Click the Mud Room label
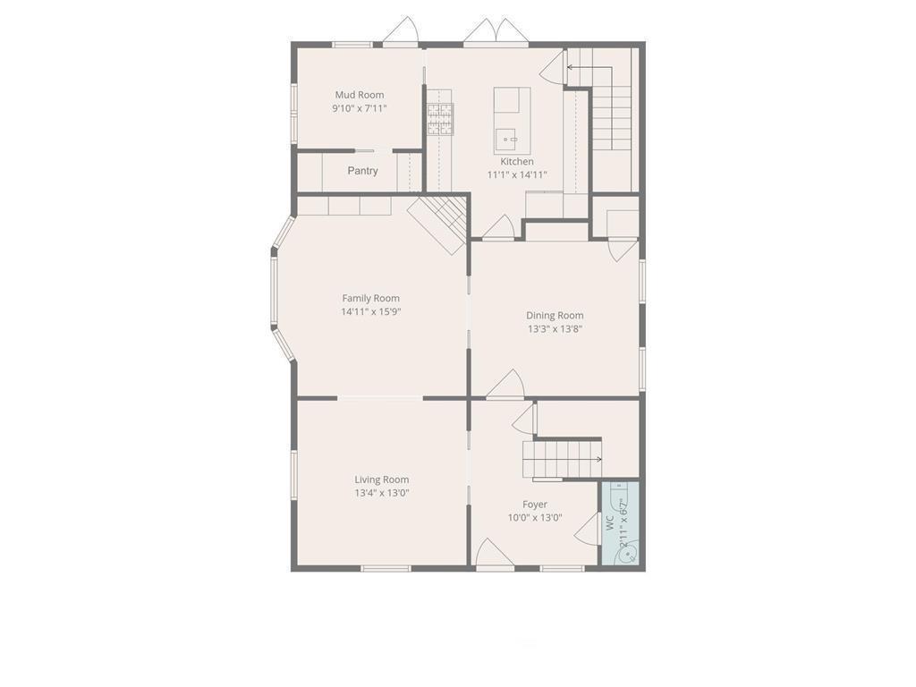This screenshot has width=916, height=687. pyautogui.click(x=360, y=95)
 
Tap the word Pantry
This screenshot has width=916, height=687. pyautogui.click(x=362, y=171)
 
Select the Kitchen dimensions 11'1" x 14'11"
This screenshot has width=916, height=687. pyautogui.click(x=517, y=175)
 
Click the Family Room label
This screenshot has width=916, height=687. pyautogui.click(x=370, y=299)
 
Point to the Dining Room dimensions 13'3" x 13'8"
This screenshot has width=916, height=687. pyautogui.click(x=555, y=328)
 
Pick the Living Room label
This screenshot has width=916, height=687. pyautogui.click(x=381, y=479)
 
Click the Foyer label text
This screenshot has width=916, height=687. pyautogui.click(x=535, y=505)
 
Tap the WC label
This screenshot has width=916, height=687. pyautogui.click(x=609, y=522)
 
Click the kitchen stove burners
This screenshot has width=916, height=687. pyautogui.click(x=440, y=118)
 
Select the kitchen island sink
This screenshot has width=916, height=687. pyautogui.click(x=507, y=140)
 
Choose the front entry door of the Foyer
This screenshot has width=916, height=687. pyautogui.click(x=494, y=556)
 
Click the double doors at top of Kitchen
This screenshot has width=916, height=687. pyautogui.click(x=495, y=32)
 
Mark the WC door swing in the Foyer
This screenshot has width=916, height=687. pyautogui.click(x=587, y=529)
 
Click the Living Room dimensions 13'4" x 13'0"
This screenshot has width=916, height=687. pyautogui.click(x=381, y=493)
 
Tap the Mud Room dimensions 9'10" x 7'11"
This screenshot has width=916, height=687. pyautogui.click(x=360, y=109)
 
